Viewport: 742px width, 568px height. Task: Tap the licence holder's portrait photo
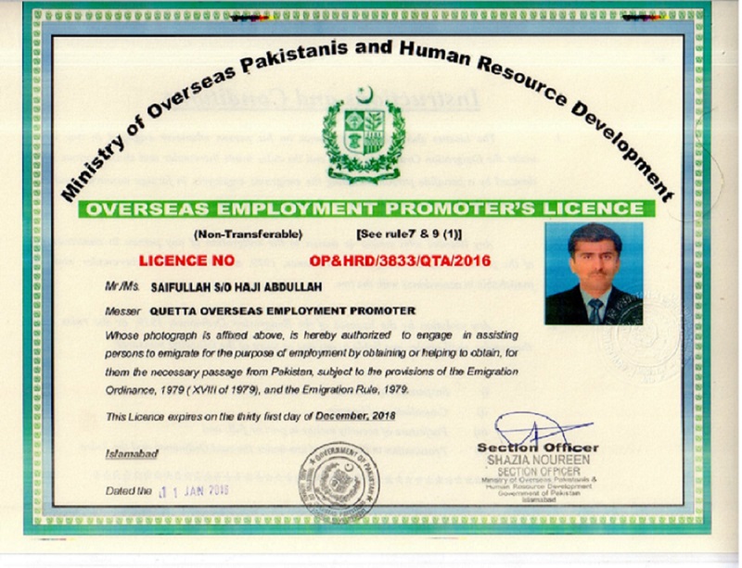coord(594,272)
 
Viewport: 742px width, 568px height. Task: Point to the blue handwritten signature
coord(538,429)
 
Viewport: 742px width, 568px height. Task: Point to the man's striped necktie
coord(595,309)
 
